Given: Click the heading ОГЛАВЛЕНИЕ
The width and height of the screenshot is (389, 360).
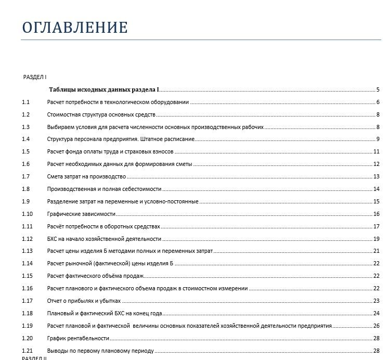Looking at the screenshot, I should point(75,28).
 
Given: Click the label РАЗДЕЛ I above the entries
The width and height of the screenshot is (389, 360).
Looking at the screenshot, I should point(35,77).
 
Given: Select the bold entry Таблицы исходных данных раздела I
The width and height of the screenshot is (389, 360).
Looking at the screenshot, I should point(104,89).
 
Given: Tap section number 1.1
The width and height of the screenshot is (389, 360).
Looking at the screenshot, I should point(26,102).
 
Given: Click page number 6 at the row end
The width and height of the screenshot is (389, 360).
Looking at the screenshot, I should point(378,102).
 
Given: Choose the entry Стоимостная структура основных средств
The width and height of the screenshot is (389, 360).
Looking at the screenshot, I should point(101,114).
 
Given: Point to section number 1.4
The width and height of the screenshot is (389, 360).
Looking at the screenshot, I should point(26,139).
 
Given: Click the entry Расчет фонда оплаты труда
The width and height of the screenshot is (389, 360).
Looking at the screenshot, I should point(110,151).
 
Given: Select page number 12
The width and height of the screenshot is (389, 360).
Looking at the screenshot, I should point(377,164).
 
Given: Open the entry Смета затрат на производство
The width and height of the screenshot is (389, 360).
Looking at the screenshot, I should point(86,176).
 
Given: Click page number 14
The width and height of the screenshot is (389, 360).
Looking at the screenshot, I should point(377,189).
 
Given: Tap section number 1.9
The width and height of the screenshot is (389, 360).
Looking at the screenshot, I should point(26,201).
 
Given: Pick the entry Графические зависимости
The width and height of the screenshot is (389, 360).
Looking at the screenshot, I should point(81,214).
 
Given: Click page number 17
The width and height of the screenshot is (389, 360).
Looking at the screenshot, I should point(377,226).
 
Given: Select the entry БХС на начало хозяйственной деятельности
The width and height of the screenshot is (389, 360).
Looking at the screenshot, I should point(104,239).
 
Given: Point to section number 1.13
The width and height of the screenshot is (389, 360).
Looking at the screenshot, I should point(27,251).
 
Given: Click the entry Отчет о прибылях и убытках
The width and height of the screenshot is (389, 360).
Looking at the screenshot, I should point(84,301).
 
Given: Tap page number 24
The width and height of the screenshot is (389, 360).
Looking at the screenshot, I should point(377,313).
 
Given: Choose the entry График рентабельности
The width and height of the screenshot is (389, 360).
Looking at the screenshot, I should point(78,338).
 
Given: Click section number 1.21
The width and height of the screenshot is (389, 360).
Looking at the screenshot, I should point(27,351).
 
